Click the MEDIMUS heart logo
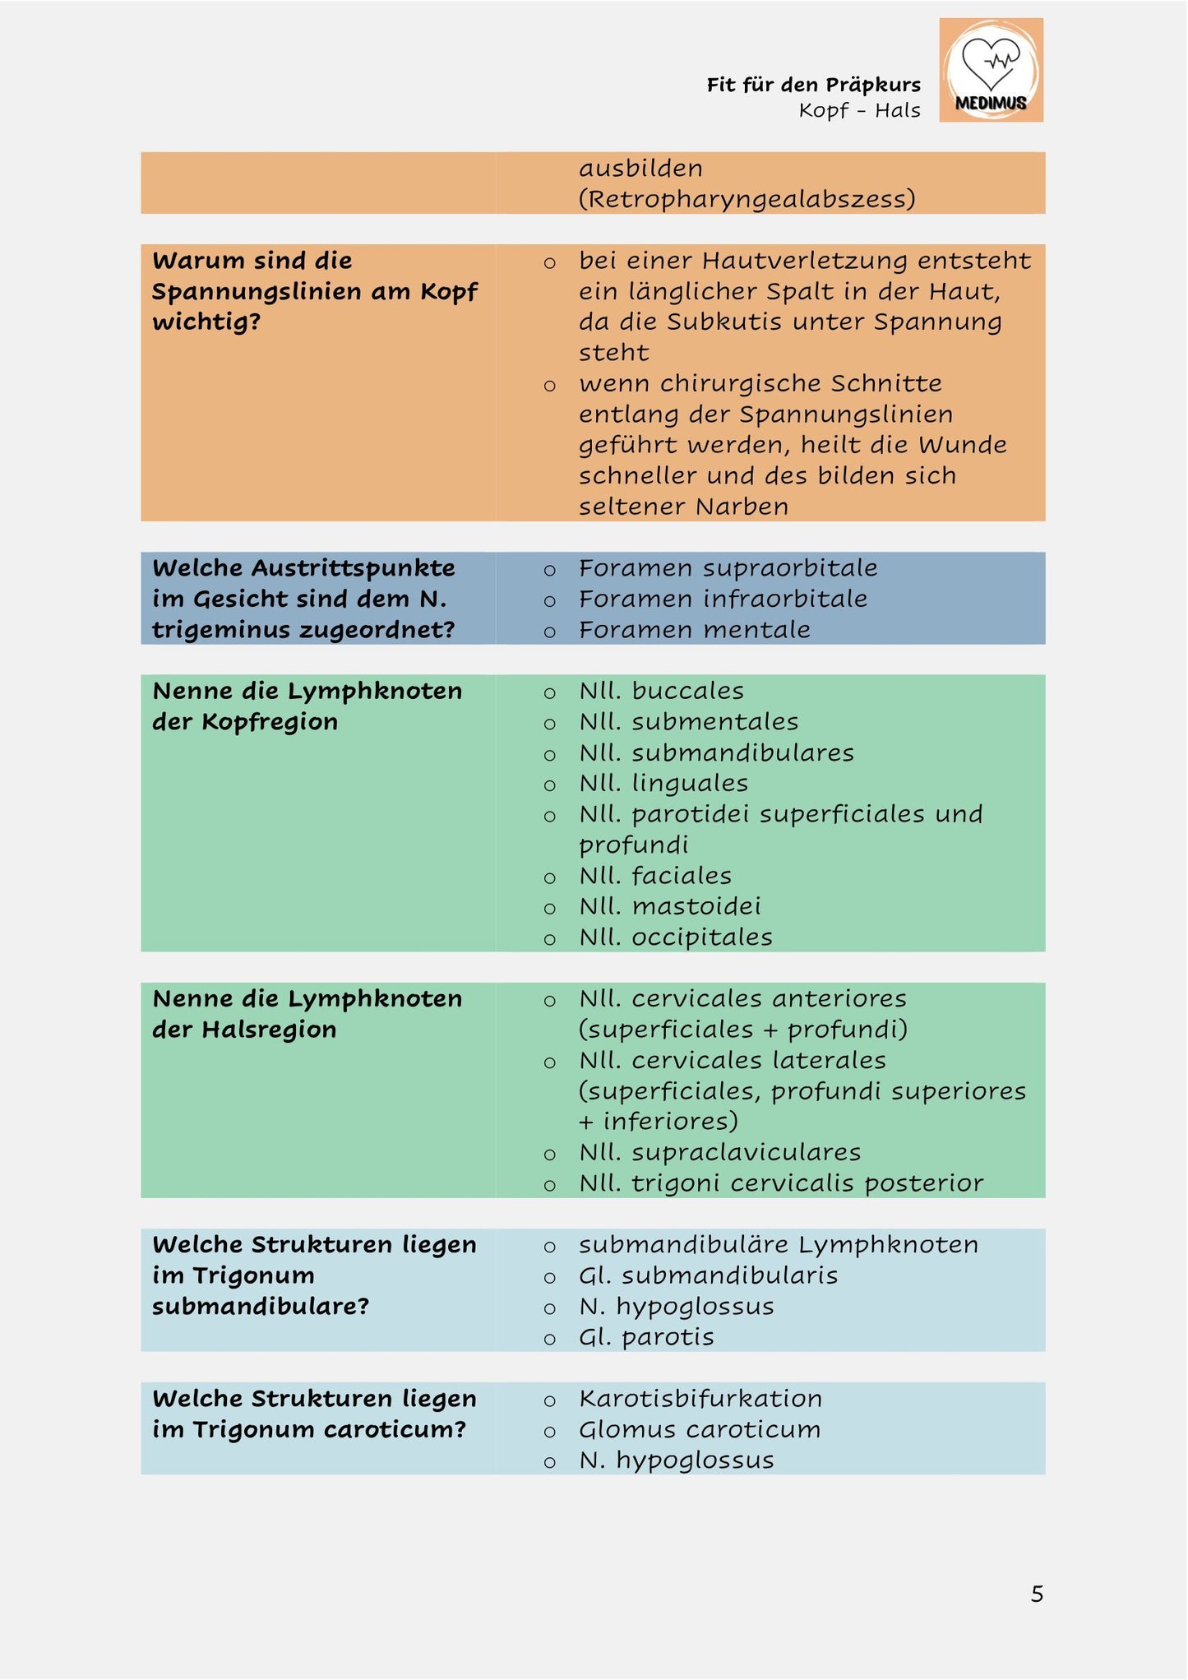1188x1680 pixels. coord(991,70)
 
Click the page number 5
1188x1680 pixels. coord(1037,1594)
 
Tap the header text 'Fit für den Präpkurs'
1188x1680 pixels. coord(813,85)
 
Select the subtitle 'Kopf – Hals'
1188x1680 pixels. coord(859,110)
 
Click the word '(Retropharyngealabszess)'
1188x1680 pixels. coord(747,199)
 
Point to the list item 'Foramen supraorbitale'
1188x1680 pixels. coord(728,568)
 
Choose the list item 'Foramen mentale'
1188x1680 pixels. coord(694,630)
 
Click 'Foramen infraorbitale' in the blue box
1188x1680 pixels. coord(723,599)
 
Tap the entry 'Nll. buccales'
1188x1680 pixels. coord(661,691)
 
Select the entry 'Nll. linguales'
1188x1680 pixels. coord(663,783)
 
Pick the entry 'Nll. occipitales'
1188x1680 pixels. coord(675,937)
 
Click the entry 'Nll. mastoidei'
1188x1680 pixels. coord(669,906)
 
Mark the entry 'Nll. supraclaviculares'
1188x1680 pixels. coord(719,1152)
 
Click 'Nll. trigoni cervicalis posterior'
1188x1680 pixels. coord(780,1183)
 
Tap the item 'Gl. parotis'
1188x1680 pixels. coord(646,1337)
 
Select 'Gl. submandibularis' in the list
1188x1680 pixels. coord(708,1275)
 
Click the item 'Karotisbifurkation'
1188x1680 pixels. coord(700,1399)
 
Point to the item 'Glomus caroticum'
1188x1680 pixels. coord(699,1430)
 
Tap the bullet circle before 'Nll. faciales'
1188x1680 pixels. coord(549,877)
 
